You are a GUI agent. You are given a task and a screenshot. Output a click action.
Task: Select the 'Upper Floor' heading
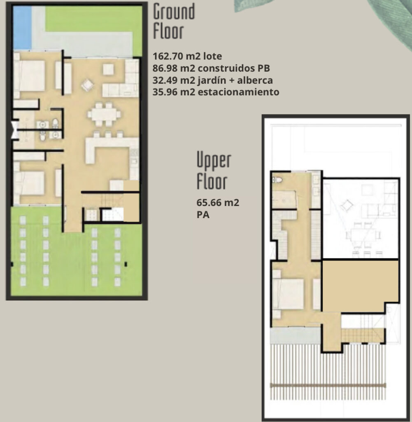click(x=214, y=171)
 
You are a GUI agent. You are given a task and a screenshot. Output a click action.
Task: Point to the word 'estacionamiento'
click(x=238, y=92)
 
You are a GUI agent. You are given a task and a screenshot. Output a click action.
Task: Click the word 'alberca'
click(x=256, y=80)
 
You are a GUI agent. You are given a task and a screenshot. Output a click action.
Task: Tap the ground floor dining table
click(x=104, y=115)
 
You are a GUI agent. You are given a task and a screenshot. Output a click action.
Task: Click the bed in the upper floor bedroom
click(x=288, y=293)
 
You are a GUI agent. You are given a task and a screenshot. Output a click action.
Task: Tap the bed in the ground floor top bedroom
click(x=30, y=76)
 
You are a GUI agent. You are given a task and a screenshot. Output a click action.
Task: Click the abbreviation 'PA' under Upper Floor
click(x=203, y=214)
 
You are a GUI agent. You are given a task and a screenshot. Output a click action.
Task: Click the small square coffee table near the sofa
click(x=108, y=69)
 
